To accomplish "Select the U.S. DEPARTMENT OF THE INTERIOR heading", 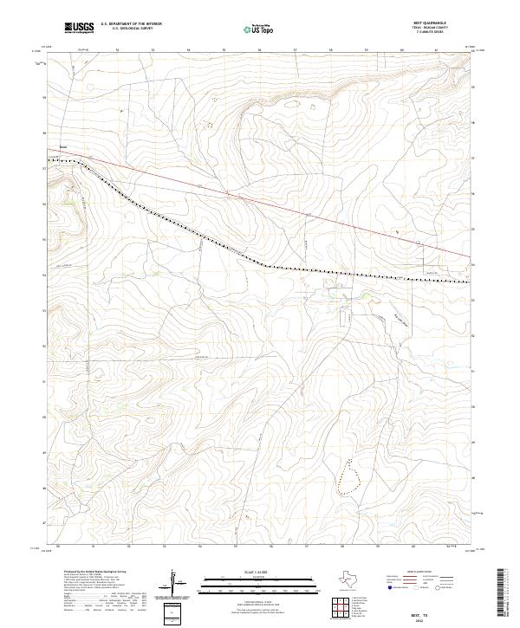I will pos(131,24).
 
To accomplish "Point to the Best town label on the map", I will pos(63,147).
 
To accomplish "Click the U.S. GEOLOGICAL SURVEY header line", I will pos(130,29).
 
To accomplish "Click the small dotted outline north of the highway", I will pos(208,124).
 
